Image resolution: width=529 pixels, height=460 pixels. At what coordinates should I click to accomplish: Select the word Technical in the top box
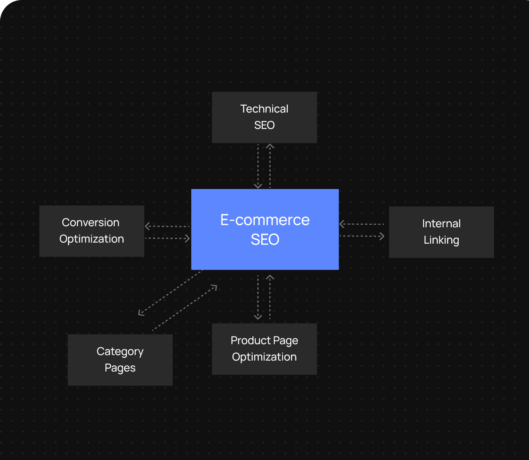pyautogui.click(x=264, y=109)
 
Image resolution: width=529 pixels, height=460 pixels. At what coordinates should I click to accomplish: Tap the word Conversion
pyautogui.click(x=90, y=223)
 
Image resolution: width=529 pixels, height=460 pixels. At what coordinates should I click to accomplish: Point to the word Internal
pyautogui.click(x=441, y=224)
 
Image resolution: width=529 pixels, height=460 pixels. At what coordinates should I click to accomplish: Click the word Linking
pyautogui.click(x=441, y=240)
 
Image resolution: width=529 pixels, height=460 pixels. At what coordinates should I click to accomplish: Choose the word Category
pyautogui.click(x=120, y=352)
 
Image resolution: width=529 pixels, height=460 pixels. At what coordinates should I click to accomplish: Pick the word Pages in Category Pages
pyautogui.click(x=120, y=368)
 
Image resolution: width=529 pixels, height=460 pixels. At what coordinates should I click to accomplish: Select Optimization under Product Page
pyautogui.click(x=264, y=357)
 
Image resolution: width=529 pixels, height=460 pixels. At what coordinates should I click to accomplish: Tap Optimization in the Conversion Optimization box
pyautogui.click(x=91, y=239)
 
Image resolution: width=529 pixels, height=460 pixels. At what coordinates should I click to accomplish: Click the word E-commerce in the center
pyautogui.click(x=265, y=220)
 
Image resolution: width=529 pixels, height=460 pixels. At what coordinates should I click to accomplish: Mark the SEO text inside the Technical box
pyautogui.click(x=264, y=125)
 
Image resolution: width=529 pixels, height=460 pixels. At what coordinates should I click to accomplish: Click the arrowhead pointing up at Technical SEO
pyautogui.click(x=270, y=146)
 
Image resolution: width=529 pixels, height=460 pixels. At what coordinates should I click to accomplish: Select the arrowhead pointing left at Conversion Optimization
pyautogui.click(x=147, y=226)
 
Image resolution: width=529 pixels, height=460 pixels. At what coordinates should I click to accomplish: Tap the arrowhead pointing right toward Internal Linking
pyautogui.click(x=382, y=236)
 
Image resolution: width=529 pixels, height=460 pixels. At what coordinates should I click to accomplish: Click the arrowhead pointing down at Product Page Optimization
pyautogui.click(x=258, y=317)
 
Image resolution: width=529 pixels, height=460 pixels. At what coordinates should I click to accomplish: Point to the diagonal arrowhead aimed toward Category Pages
pyautogui.click(x=141, y=313)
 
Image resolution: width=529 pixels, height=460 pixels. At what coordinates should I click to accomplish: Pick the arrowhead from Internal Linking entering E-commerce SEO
pyautogui.click(x=342, y=224)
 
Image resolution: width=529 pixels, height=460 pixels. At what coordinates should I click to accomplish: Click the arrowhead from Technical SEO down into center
pyautogui.click(x=258, y=186)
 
